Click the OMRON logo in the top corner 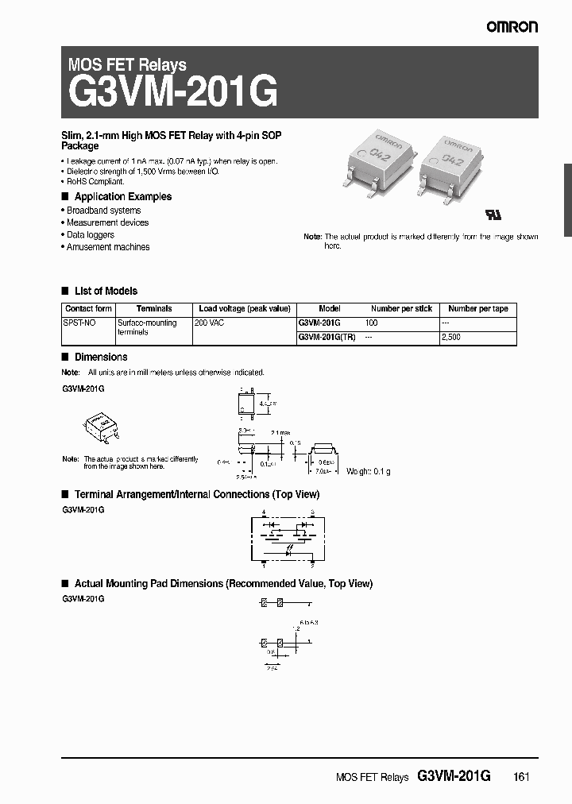(x=512, y=26)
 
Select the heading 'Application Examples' (x=122, y=196)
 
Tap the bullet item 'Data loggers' (x=90, y=234)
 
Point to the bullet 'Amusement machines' (x=108, y=247)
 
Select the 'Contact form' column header (x=88, y=308)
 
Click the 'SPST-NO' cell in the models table (x=79, y=323)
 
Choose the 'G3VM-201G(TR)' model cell (x=327, y=337)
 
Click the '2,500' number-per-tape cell (x=450, y=337)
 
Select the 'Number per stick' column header (x=401, y=308)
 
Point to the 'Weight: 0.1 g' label (x=368, y=471)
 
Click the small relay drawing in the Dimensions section (x=101, y=426)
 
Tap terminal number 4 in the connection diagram (x=264, y=514)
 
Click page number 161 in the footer (x=521, y=777)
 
